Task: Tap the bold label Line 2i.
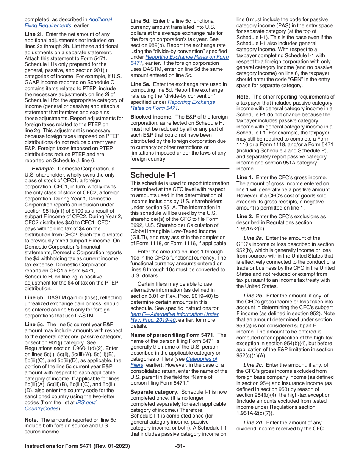[33, 34]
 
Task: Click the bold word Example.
[42, 169]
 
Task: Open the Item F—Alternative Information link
[174, 314]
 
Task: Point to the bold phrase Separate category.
[155, 392]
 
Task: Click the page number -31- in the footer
[180, 446]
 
